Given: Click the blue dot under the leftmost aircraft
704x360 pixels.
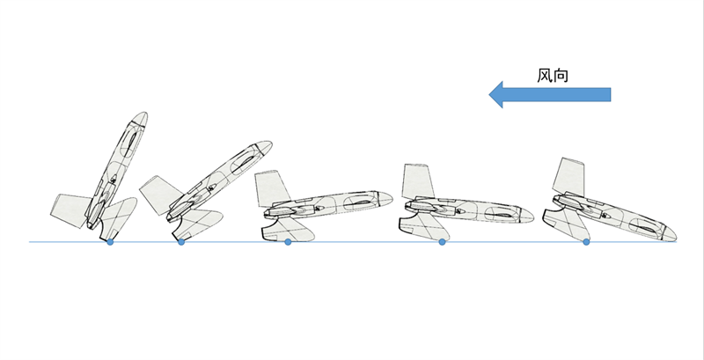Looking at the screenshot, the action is click(x=110, y=242).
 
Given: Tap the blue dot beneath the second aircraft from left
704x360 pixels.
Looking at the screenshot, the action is click(x=181, y=242).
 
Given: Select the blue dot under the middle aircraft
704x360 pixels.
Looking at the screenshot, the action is click(x=288, y=242).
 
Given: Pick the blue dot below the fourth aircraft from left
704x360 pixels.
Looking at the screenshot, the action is click(x=442, y=242).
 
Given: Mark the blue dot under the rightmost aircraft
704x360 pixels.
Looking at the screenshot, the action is click(x=586, y=242).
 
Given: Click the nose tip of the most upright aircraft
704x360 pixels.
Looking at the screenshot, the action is click(x=144, y=114).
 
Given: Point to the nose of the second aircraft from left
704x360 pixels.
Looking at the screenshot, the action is click(x=268, y=143).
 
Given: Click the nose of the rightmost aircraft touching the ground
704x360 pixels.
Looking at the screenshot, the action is click(x=672, y=235).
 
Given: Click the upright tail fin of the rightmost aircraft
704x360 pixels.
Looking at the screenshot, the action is click(x=569, y=177).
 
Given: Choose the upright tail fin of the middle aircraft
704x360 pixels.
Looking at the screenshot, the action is click(x=272, y=188).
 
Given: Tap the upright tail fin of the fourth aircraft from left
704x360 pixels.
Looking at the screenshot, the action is click(x=417, y=182).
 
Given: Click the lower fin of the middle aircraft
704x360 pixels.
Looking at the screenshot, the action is click(x=288, y=228).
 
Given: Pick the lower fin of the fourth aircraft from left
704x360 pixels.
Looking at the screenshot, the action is click(x=424, y=227).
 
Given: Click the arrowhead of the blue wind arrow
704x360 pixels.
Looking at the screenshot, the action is click(x=495, y=95).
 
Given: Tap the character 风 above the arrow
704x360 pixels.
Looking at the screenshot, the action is click(x=545, y=75).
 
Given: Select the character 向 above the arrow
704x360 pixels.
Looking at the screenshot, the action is click(x=561, y=75).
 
